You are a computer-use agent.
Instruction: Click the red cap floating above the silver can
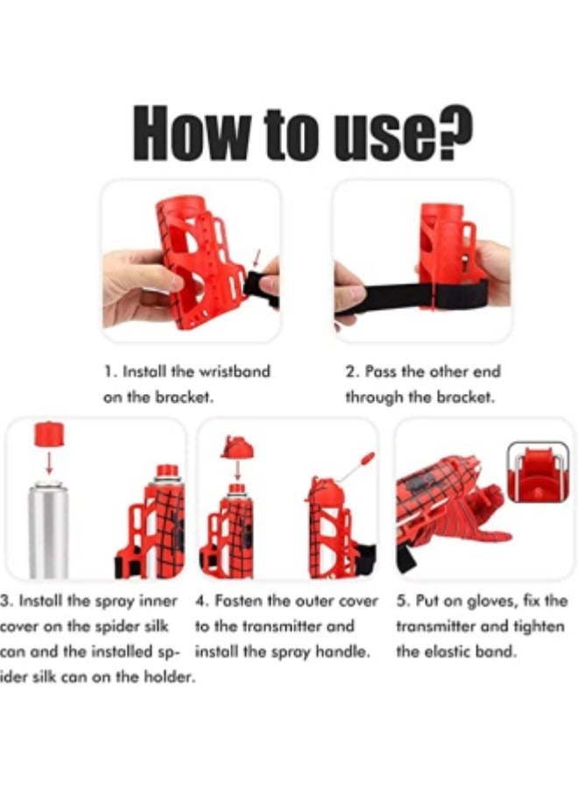coord(48,433)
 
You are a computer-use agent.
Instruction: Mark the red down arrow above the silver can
coord(48,462)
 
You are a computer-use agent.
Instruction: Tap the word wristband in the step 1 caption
coord(236,371)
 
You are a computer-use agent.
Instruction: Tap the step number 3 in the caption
coord(5,602)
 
